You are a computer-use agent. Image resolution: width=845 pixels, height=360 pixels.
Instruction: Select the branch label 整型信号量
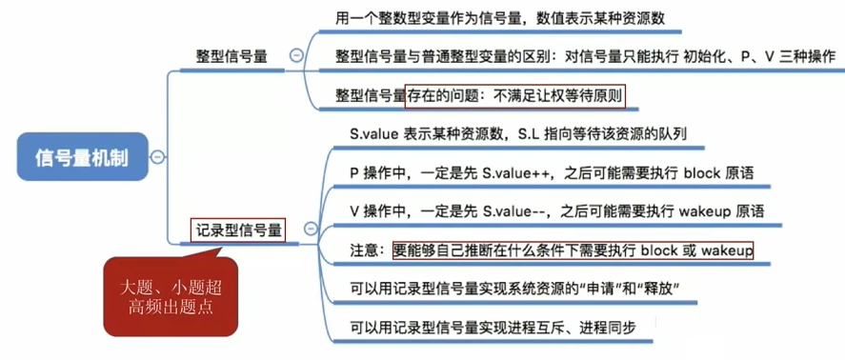(x=231, y=57)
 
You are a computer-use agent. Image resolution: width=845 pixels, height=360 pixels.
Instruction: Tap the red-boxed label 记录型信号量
(x=238, y=229)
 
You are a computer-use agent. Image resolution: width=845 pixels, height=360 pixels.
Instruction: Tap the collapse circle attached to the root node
(x=156, y=156)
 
